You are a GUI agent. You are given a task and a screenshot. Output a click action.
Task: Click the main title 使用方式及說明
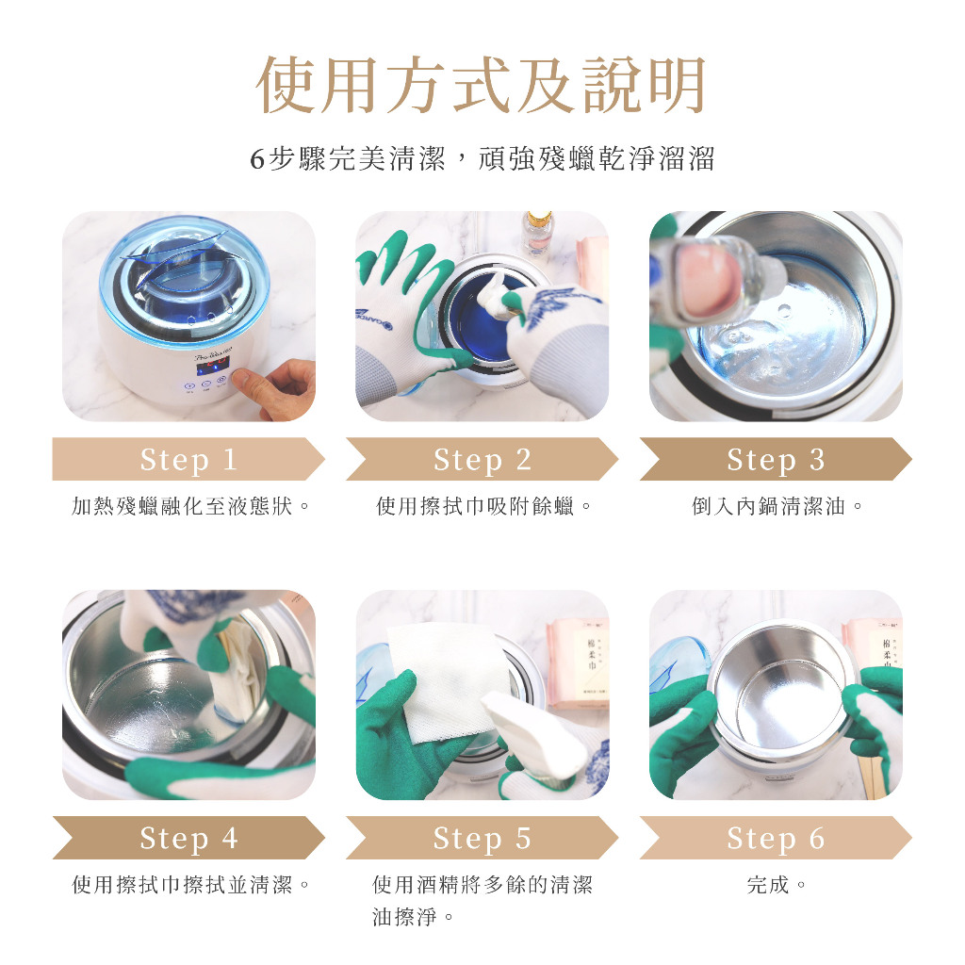[x=481, y=84]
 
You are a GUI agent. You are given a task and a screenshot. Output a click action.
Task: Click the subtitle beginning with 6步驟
[x=482, y=158]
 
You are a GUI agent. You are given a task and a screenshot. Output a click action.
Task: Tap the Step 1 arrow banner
[x=188, y=459]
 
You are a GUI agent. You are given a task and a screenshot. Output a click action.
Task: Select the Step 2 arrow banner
[x=482, y=459]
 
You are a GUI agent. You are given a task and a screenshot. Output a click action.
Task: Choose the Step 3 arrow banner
[x=776, y=459]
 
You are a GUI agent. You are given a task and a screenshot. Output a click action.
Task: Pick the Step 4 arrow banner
[x=188, y=838]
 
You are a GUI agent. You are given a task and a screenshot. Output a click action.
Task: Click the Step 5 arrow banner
[x=482, y=838]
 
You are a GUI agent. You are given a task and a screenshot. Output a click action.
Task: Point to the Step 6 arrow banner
[x=776, y=838]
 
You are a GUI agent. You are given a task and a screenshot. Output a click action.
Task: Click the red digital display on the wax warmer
[x=212, y=366]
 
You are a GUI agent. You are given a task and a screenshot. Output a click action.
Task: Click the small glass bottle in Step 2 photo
[x=537, y=235]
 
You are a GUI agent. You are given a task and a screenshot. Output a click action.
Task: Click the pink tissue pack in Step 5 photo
[x=578, y=663]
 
